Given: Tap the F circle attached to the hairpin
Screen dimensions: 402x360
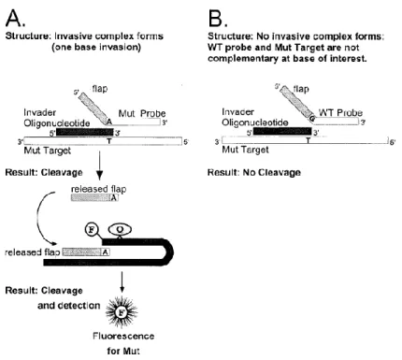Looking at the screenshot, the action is [92, 230].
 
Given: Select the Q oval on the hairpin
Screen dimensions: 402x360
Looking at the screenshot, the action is [120, 230].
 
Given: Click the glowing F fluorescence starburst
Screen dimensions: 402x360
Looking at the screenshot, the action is [122, 311].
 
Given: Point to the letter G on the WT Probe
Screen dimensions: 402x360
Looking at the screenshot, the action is [312, 119].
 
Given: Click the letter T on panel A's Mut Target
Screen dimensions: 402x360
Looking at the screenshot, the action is [109, 141].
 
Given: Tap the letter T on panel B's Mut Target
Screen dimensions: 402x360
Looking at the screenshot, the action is [308, 140].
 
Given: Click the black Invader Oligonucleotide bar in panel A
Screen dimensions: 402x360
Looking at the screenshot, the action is [85, 132].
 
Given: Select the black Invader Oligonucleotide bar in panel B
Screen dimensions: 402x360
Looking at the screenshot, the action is [282, 131].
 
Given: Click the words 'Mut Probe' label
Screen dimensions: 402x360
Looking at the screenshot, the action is [142, 113].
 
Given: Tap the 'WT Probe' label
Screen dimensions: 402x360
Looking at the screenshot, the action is [340, 112].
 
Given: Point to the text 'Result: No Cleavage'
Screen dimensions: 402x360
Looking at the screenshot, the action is [254, 172].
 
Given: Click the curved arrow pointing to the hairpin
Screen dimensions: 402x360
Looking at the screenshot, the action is [39, 218].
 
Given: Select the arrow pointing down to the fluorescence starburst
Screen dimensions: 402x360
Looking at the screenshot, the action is [122, 282].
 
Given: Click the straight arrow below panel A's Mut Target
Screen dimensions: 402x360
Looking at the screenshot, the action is [99, 166].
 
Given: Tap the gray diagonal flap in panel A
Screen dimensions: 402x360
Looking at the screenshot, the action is [93, 108].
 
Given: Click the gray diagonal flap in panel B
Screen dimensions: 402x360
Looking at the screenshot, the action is [296, 102].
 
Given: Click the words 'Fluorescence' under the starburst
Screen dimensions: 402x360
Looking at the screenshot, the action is [123, 336].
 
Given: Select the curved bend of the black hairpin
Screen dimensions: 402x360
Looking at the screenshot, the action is [170, 252].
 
